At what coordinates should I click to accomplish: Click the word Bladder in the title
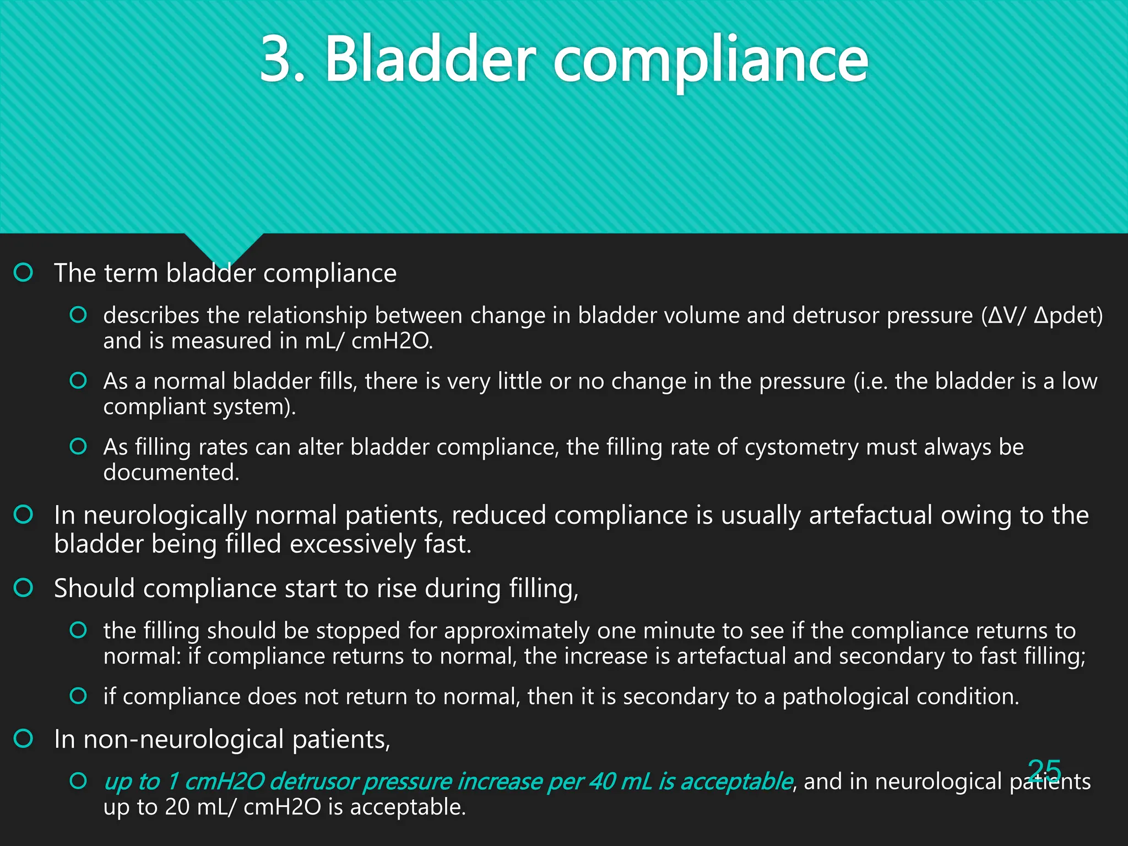(x=430, y=59)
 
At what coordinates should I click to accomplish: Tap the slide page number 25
(x=1044, y=770)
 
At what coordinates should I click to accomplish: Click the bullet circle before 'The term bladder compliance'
(x=24, y=272)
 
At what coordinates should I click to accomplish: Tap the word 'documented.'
(x=171, y=473)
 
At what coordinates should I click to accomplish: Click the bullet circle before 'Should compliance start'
(x=24, y=588)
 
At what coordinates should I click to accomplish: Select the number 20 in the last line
(x=177, y=807)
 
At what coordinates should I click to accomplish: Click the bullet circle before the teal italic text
(x=78, y=781)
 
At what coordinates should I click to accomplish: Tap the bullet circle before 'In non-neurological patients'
(x=24, y=739)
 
